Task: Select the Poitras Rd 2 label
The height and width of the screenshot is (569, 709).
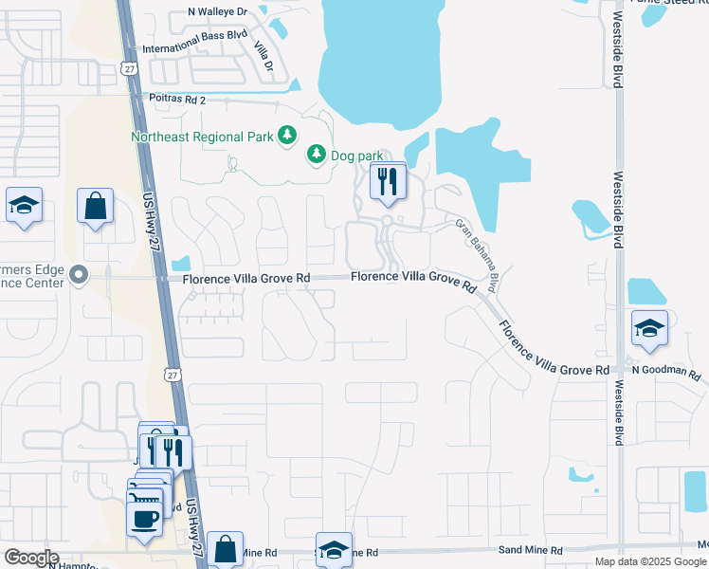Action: tap(175, 99)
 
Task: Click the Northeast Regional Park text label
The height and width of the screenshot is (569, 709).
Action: tap(202, 137)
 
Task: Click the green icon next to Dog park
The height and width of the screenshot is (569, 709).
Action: tap(316, 154)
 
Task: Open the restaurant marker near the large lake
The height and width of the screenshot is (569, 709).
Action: tap(387, 181)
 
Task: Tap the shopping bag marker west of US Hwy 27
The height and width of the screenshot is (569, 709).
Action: tap(96, 207)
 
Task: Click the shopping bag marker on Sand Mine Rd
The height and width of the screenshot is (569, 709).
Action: tap(227, 548)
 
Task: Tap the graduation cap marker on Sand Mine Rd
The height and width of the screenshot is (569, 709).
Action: tap(334, 549)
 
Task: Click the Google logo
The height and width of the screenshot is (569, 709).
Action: tap(32, 558)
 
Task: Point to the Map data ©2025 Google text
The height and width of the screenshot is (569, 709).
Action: tap(650, 561)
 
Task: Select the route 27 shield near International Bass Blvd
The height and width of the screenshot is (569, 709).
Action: tap(130, 68)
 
